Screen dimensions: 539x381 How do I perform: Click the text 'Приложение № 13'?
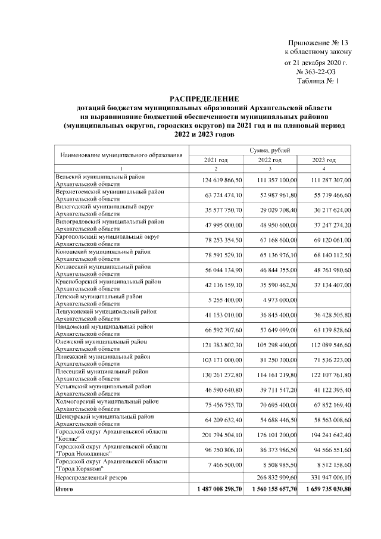(317, 43)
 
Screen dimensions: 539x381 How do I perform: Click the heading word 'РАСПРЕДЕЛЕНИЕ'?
(205, 98)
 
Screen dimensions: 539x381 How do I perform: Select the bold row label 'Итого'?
(64, 489)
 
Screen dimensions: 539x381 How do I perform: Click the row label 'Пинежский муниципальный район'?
(102, 356)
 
